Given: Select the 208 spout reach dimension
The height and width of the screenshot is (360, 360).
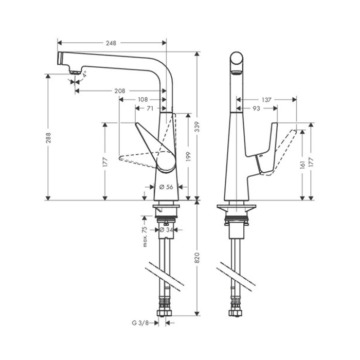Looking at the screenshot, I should pos(119,91).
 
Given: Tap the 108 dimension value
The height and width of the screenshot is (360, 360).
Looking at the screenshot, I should pos(143,99).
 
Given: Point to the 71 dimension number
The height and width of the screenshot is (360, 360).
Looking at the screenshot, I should pos(150,109).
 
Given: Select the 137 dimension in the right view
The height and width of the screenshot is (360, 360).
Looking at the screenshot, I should pos(265,99).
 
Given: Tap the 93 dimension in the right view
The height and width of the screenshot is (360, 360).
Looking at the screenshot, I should pos(256,109).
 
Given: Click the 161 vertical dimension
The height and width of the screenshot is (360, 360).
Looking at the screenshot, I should pos(302,164).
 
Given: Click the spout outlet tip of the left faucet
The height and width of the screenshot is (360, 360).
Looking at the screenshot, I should pos(74,73).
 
